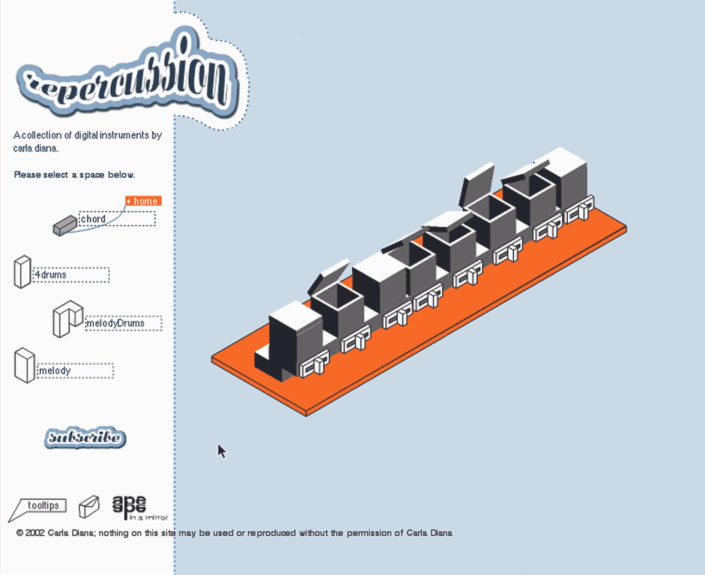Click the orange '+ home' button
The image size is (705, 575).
click(143, 201)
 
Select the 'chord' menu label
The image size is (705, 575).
click(93, 219)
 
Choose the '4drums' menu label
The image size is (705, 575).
click(51, 275)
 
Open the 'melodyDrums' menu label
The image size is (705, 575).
click(115, 323)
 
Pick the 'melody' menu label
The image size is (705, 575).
click(55, 371)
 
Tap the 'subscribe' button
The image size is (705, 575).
click(85, 438)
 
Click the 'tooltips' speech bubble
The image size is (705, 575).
click(43, 506)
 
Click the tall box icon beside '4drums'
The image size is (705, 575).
click(22, 272)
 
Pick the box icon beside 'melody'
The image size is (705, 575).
click(25, 365)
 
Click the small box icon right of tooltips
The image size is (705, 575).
click(89, 506)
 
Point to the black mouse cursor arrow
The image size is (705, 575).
click(221, 451)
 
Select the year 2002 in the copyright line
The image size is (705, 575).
click(35, 533)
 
